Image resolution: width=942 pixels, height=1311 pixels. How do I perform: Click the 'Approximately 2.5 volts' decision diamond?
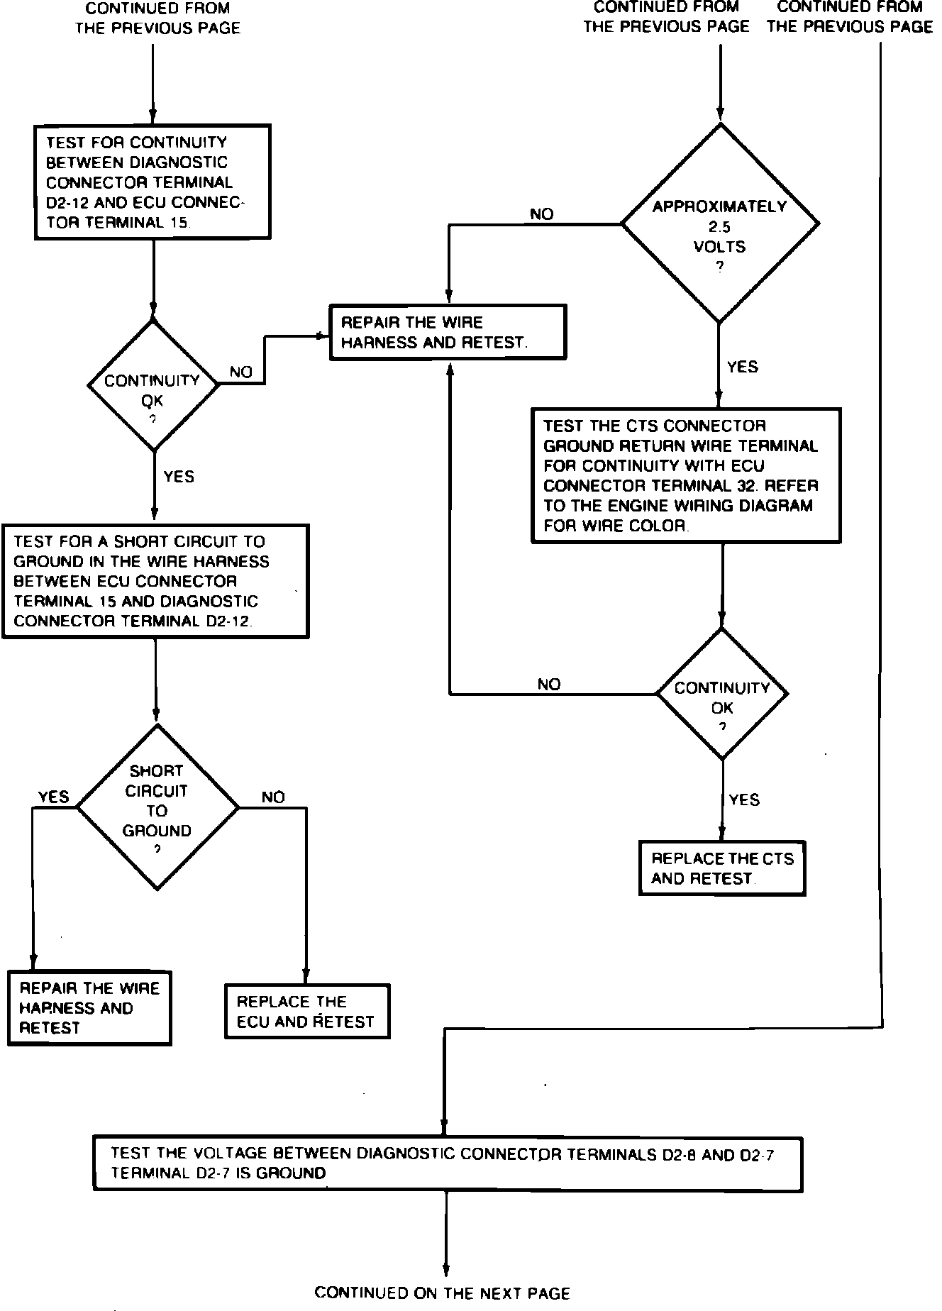(720, 223)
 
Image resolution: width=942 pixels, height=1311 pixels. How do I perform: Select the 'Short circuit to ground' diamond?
(157, 807)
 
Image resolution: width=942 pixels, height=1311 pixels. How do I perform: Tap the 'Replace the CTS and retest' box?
(722, 868)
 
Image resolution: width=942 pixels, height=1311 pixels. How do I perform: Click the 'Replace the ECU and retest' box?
(307, 1011)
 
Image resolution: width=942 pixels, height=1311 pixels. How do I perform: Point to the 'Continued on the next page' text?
(443, 1293)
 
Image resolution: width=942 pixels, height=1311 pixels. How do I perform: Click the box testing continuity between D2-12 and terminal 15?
(153, 182)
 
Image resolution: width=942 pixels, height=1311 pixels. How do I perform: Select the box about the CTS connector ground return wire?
(686, 475)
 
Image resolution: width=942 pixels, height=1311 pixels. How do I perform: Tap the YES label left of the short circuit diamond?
(54, 797)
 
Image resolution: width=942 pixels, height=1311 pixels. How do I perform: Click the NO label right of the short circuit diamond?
(273, 797)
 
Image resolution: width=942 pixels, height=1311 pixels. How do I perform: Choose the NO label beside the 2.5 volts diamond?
(542, 214)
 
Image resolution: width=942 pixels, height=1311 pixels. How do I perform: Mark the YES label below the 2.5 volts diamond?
(743, 367)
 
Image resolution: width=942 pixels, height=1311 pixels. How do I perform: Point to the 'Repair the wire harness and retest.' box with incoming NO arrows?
(448, 332)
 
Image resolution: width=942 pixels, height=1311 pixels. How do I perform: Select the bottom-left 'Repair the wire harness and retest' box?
(89, 1008)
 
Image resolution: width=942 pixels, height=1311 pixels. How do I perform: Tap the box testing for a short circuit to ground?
(155, 581)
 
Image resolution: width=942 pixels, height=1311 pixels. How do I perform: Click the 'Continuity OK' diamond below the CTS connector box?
(722, 693)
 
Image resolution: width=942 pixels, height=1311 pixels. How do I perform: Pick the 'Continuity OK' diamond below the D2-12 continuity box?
(153, 384)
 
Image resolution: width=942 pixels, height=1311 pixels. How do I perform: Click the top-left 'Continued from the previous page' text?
(157, 18)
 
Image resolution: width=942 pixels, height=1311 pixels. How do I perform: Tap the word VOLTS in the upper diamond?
(720, 247)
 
